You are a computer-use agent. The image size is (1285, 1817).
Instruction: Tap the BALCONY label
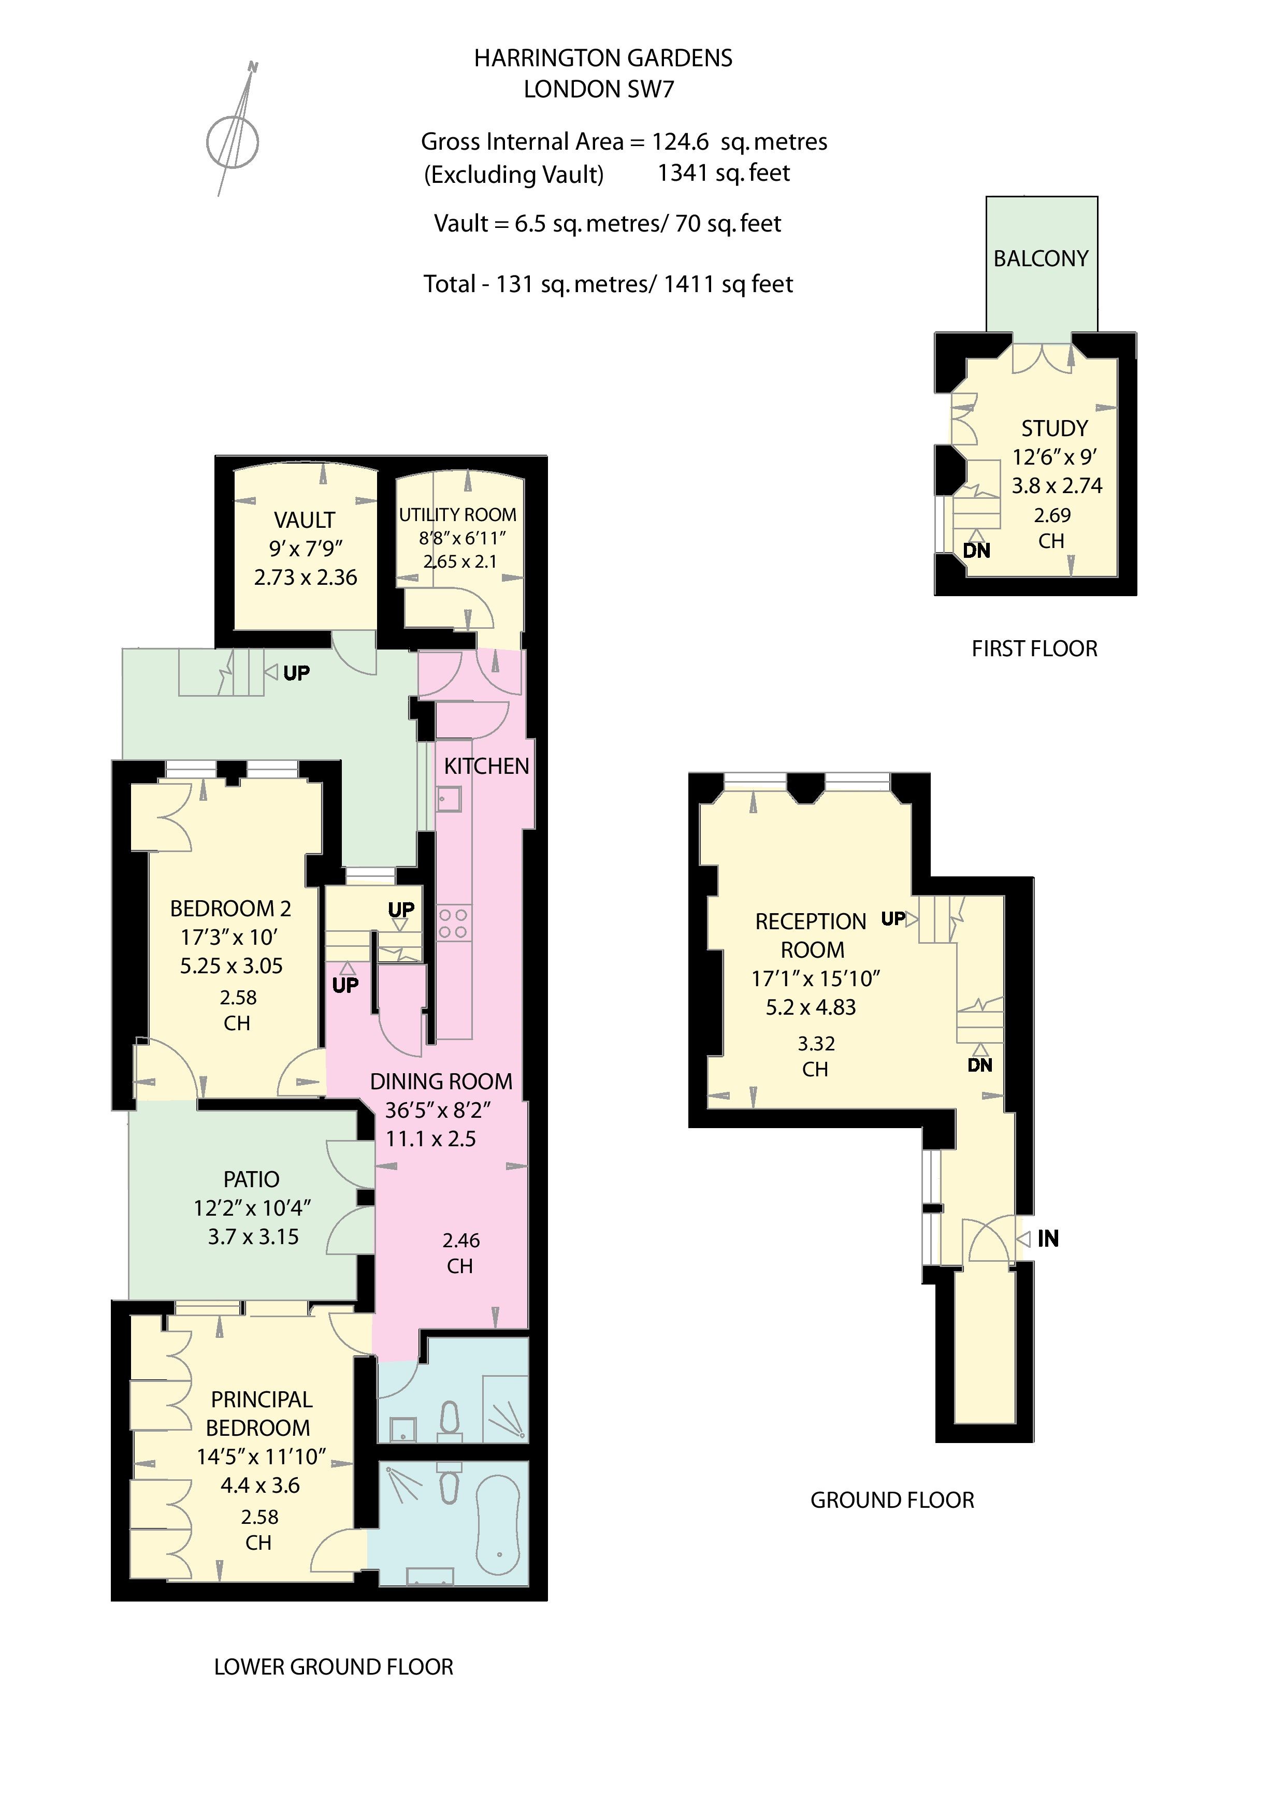1041,259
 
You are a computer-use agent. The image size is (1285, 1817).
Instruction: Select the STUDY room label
1054,429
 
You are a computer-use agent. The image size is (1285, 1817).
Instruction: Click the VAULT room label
305,520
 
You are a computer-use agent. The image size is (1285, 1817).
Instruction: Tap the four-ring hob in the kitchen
453,924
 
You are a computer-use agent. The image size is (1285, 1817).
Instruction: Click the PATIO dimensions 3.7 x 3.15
253,1237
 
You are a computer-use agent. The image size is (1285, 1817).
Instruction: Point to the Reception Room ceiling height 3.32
816,1044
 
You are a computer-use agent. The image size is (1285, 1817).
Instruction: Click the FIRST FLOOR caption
1034,649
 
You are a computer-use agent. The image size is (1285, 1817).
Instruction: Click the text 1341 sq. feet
723,174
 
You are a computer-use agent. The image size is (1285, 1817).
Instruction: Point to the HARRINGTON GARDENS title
603,59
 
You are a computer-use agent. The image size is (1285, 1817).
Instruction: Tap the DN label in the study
976,551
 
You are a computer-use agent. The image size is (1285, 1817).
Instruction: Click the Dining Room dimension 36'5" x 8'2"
438,1111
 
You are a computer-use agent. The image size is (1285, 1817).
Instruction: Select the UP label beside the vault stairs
296,673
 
